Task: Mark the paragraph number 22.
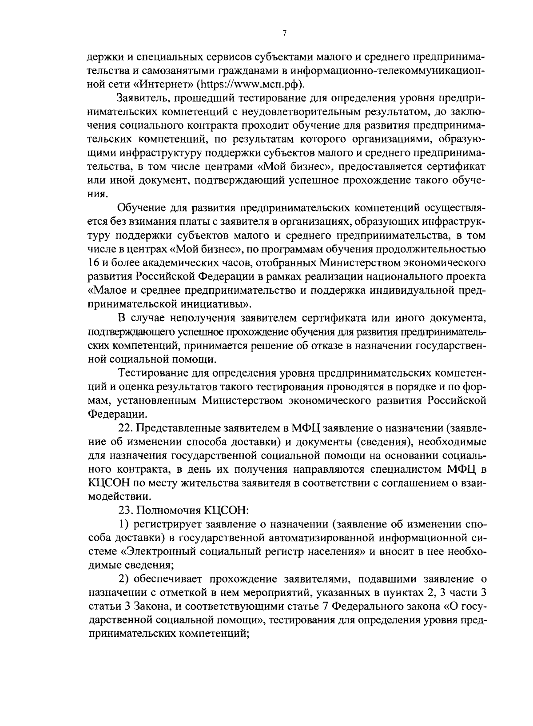[125, 428]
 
